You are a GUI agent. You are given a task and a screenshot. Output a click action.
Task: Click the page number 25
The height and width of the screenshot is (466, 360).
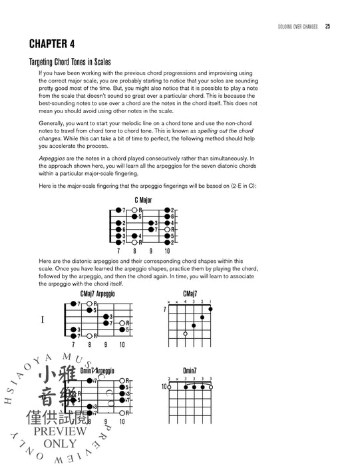click(327, 27)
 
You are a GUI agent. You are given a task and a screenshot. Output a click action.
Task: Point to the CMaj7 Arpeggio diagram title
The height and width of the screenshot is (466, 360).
click(96, 294)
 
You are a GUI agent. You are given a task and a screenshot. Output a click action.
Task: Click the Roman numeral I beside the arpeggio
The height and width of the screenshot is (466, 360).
click(43, 320)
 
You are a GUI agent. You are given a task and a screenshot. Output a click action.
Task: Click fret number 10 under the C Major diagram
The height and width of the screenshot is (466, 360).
click(167, 251)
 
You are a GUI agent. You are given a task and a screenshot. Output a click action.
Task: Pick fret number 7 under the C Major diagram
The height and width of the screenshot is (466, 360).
click(118, 251)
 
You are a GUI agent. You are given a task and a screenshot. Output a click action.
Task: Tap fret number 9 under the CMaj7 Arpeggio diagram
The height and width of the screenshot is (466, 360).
click(106, 346)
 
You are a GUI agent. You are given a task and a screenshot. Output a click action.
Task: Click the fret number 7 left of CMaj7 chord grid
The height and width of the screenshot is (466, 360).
click(164, 310)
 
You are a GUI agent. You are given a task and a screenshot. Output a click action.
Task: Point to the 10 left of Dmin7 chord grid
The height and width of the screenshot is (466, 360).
click(163, 387)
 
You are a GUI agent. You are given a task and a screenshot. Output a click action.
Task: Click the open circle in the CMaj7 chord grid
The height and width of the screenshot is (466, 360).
click(185, 333)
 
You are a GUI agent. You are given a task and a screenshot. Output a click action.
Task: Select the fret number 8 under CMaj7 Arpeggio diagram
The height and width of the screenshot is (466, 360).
click(89, 346)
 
